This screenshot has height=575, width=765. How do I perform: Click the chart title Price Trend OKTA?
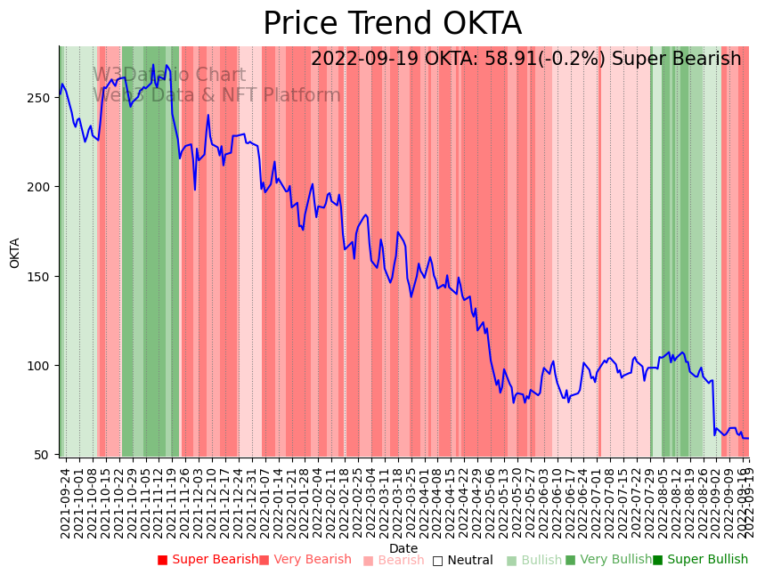coord(392,24)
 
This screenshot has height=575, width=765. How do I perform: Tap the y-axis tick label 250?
coord(45,97)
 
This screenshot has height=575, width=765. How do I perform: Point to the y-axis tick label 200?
coord(45,187)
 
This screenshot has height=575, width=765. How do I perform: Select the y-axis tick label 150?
coord(45,276)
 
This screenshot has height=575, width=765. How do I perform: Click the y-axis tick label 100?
coord(45,366)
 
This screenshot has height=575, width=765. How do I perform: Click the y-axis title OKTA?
coord(15,253)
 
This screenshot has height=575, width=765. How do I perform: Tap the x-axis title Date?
coord(403,549)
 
